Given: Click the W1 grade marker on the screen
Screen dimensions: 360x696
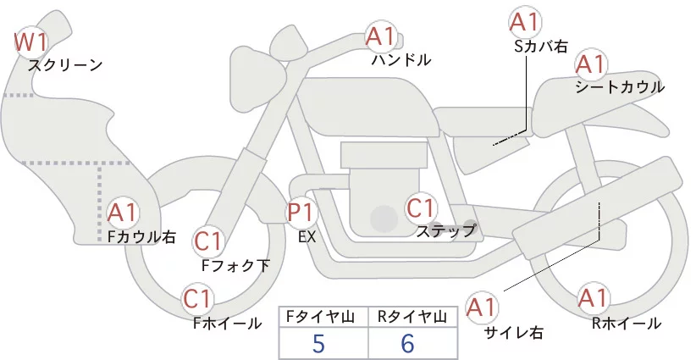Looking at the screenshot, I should click(31, 41).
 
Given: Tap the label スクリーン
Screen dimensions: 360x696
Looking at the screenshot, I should click(65, 64).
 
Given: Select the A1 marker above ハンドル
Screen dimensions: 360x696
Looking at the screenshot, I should click(381, 36).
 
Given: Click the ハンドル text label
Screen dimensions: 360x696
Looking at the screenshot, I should click(401, 60).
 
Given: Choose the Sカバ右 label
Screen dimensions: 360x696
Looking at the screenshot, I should click(540, 47).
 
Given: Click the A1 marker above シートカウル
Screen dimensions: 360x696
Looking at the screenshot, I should click(591, 64).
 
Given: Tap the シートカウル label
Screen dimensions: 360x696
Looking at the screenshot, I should click(619, 87).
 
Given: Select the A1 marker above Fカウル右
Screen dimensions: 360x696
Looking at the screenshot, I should click(124, 213).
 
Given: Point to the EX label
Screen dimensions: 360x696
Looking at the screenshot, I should click(307, 237).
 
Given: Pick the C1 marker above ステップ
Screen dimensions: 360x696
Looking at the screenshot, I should click(421, 208).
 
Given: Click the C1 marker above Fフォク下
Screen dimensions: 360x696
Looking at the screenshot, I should click(208, 242).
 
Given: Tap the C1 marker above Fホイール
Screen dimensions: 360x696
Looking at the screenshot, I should click(199, 299).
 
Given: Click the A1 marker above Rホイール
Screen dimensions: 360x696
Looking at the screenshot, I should click(593, 299).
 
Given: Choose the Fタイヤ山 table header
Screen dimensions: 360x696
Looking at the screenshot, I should click(323, 317).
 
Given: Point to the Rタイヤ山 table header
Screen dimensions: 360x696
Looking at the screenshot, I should click(412, 317).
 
